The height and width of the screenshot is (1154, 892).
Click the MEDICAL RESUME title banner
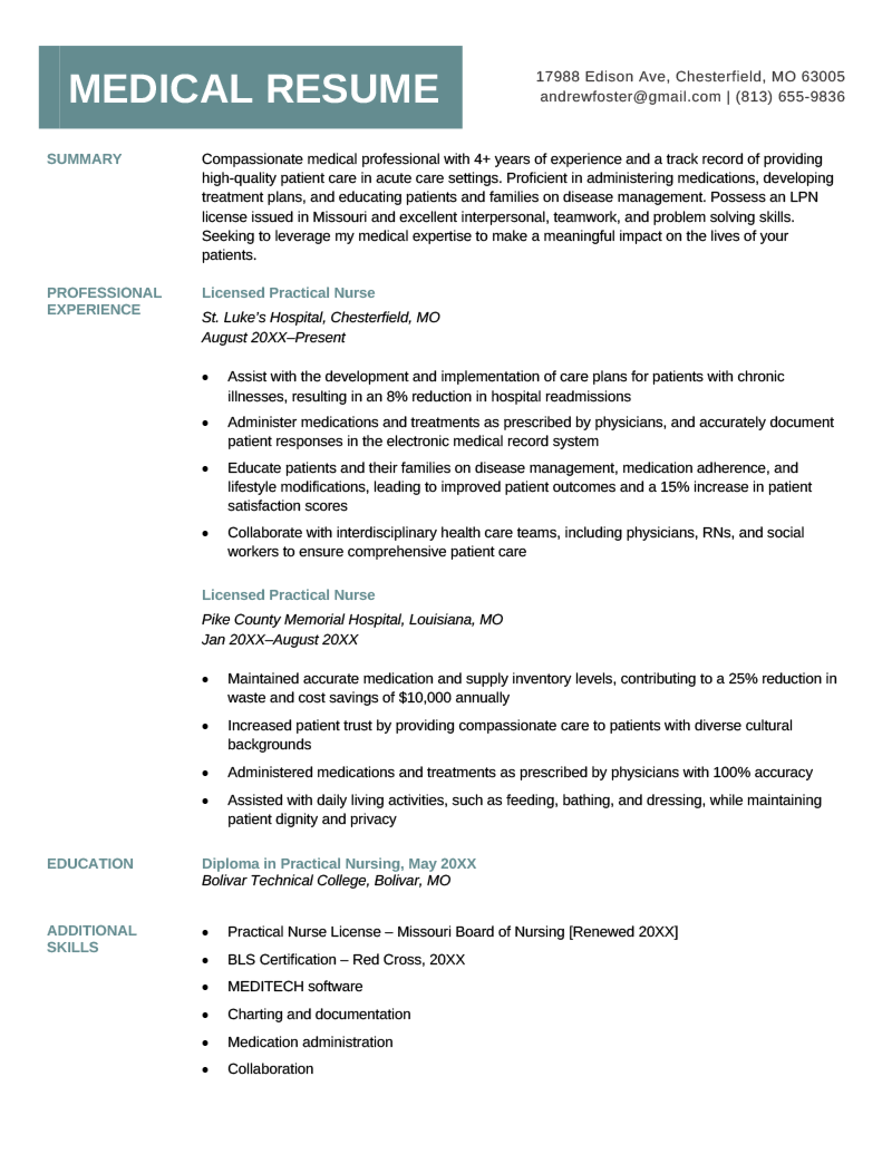pos(251,88)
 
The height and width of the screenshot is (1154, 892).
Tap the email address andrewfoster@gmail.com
pos(630,97)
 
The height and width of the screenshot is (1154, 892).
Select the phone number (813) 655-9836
pos(790,97)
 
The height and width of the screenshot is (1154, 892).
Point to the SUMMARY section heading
pos(84,159)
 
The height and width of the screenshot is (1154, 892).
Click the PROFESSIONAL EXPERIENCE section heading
pos(104,301)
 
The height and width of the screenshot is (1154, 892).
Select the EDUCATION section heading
pos(90,864)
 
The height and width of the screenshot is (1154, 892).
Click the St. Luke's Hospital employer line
pos(321,318)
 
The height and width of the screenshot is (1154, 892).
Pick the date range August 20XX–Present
pos(273,338)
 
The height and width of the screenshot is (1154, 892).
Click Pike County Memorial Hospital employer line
pos(352,619)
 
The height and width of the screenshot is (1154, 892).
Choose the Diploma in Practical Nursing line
pos(338,864)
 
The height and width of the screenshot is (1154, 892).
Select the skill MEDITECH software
pos(295,986)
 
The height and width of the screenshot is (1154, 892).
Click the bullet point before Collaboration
pos(206,1070)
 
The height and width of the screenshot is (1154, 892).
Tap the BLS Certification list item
pos(346,959)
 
